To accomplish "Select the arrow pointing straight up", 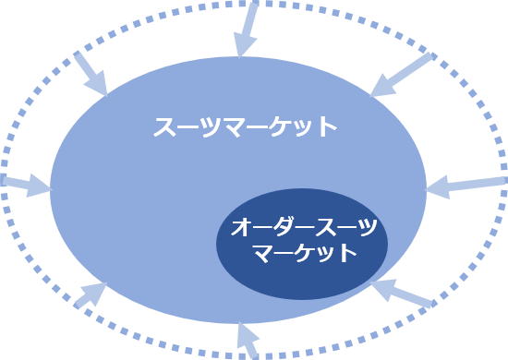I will tap(248, 339).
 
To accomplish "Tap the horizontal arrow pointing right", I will tap(25, 185).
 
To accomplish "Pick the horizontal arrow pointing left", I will tap(466, 185).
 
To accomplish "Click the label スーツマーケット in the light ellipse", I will tap(246, 126).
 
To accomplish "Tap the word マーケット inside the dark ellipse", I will tap(304, 252).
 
